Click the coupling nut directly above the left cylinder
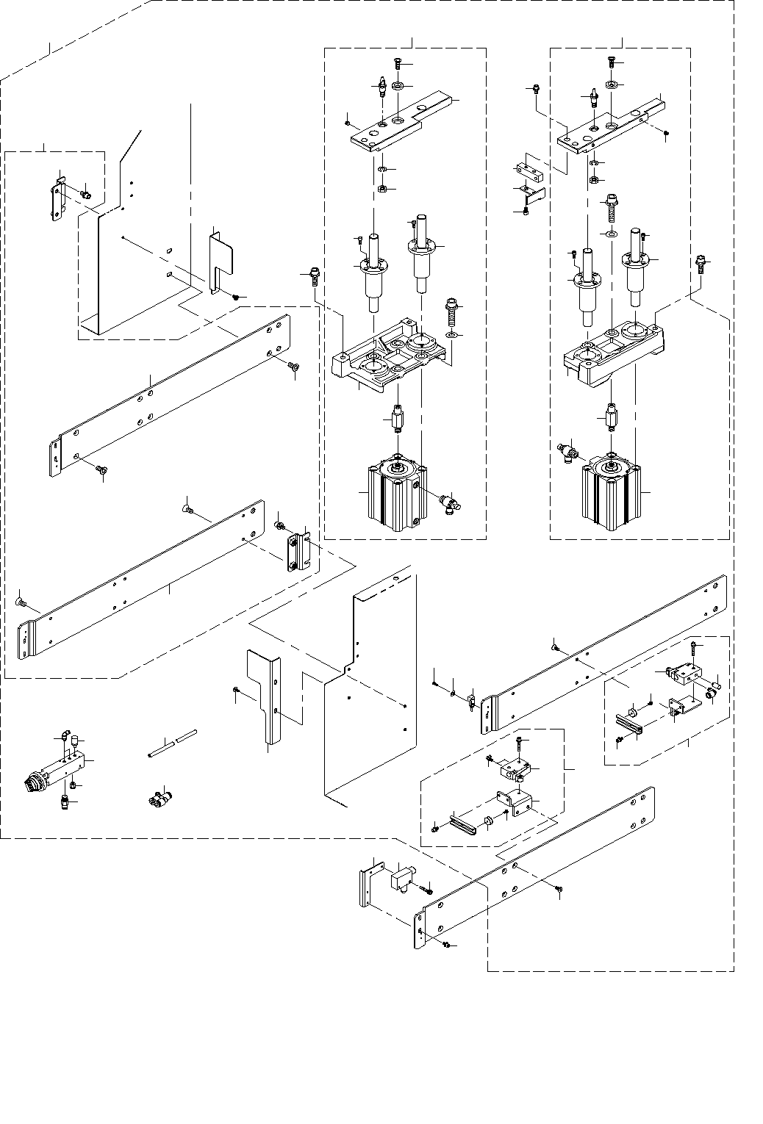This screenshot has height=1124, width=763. pyautogui.click(x=398, y=419)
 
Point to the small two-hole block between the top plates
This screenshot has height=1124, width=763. pyautogui.click(x=529, y=171)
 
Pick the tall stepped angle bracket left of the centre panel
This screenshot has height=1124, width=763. pyautogui.click(x=267, y=698)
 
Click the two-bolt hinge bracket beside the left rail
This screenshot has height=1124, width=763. pyautogui.click(x=299, y=551)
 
